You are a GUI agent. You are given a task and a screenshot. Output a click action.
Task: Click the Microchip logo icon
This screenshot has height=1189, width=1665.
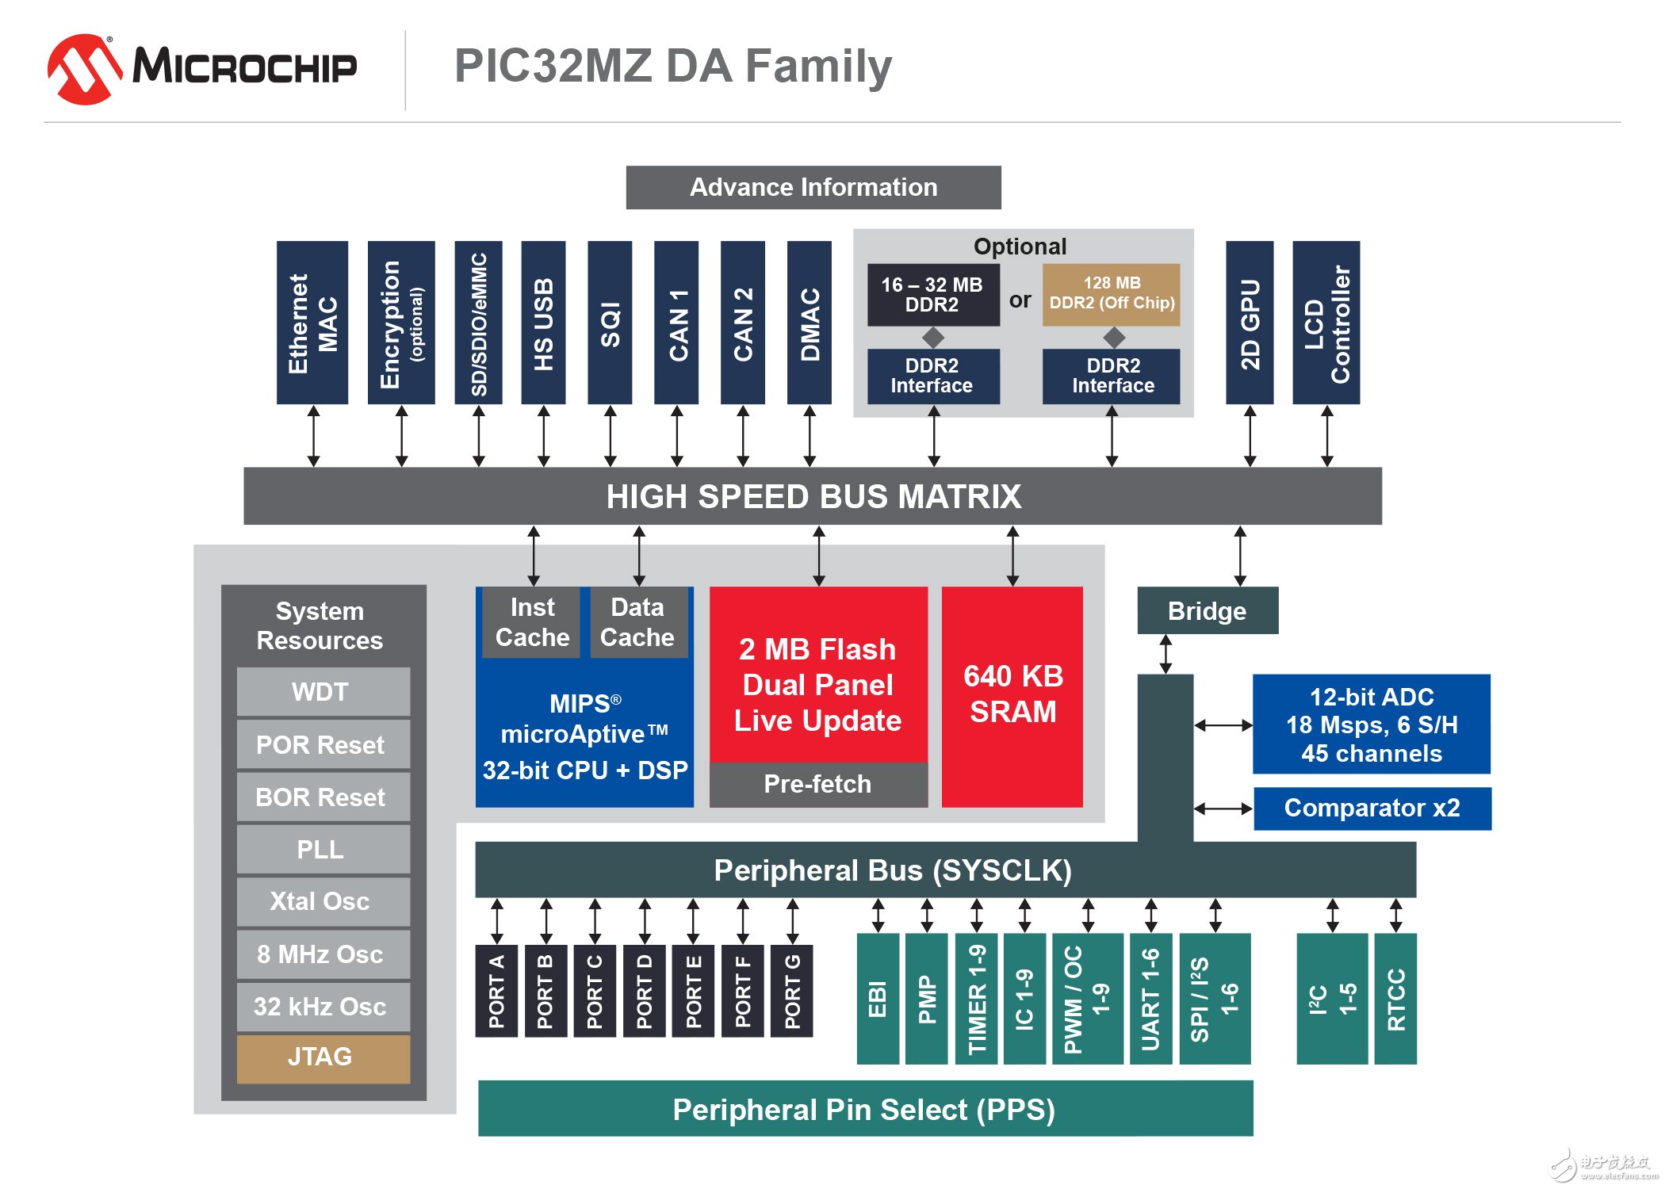[x=83, y=69]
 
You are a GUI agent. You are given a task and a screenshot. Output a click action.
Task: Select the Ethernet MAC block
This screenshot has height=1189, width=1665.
[x=312, y=323]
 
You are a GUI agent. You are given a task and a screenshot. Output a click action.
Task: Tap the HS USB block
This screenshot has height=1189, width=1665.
[x=543, y=323]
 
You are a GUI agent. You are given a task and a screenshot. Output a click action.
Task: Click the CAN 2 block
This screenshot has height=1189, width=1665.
[x=742, y=323]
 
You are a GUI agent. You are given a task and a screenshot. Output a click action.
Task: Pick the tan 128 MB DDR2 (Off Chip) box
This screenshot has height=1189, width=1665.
[x=1111, y=294]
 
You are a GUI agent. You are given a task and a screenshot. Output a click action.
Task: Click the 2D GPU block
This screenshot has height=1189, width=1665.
[x=1250, y=323]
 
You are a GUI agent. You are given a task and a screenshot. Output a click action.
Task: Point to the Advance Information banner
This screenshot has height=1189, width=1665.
[x=813, y=187]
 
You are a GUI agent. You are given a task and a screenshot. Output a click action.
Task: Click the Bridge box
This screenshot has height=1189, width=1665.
[x=1207, y=610]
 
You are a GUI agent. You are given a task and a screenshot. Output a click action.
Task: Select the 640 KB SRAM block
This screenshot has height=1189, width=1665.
[x=1012, y=695]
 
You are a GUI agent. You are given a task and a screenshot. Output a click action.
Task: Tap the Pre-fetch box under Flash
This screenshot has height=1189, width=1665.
[x=817, y=784]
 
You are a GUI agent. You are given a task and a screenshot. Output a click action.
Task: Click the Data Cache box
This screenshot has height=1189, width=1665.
[x=637, y=622]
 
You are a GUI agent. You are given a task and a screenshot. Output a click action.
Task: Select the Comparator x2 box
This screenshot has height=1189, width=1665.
[x=1372, y=808]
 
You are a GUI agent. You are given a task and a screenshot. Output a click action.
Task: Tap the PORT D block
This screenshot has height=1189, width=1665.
[x=644, y=991]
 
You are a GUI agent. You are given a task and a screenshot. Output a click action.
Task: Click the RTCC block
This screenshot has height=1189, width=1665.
[x=1395, y=999]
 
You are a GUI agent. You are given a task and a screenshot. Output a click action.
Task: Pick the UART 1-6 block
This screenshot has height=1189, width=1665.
[x=1150, y=999]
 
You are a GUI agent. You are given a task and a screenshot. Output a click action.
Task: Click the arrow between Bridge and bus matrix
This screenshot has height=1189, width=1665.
[x=1240, y=556]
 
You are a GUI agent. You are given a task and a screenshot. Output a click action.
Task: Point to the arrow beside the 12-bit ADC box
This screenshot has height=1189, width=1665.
[x=1223, y=724]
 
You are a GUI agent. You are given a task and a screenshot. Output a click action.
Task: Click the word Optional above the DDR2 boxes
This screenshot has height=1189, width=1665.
[x=1020, y=247]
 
